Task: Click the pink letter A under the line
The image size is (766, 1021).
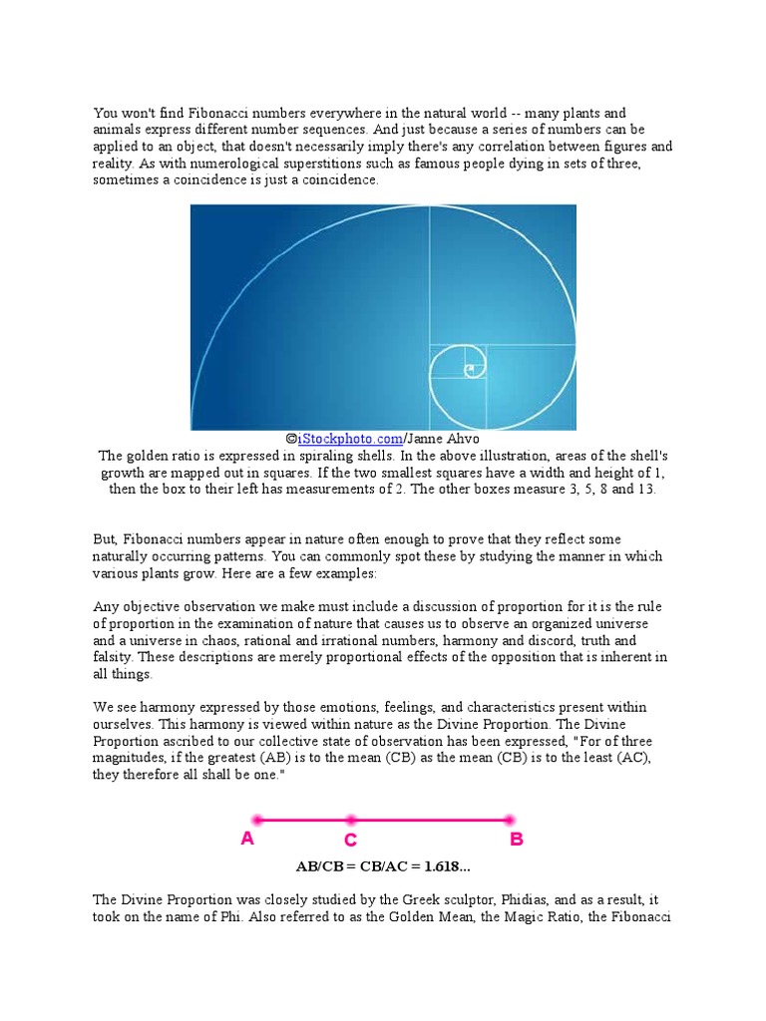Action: point(247,839)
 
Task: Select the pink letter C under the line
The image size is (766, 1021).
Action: point(351,841)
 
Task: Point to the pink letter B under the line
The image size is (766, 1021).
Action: point(516,839)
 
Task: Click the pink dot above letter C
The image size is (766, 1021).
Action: point(352,821)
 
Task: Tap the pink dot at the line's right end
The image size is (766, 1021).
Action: point(510,821)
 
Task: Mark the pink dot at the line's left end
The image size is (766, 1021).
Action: point(257,821)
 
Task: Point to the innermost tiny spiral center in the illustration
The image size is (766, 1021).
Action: point(468,370)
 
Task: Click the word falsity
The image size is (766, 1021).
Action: point(115,657)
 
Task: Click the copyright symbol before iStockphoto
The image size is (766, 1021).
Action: point(290,439)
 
